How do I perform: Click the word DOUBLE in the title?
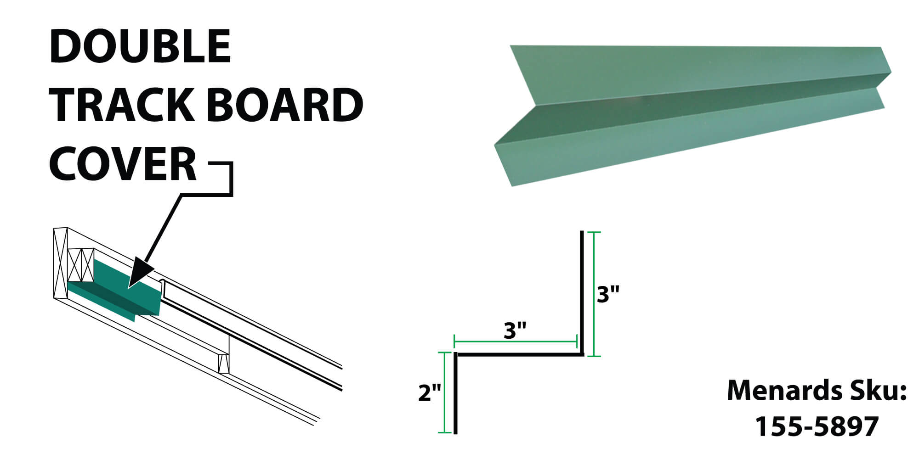(140, 46)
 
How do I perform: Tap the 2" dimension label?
(430, 393)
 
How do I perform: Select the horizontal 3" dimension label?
(515, 330)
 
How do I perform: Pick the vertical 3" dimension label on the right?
(608, 294)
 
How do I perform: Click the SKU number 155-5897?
(817, 426)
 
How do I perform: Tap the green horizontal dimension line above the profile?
(516, 342)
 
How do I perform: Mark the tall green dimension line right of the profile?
(594, 294)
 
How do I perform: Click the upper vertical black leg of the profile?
(582, 292)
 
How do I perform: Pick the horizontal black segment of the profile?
(519, 354)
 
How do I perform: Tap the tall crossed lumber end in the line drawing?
(61, 263)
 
